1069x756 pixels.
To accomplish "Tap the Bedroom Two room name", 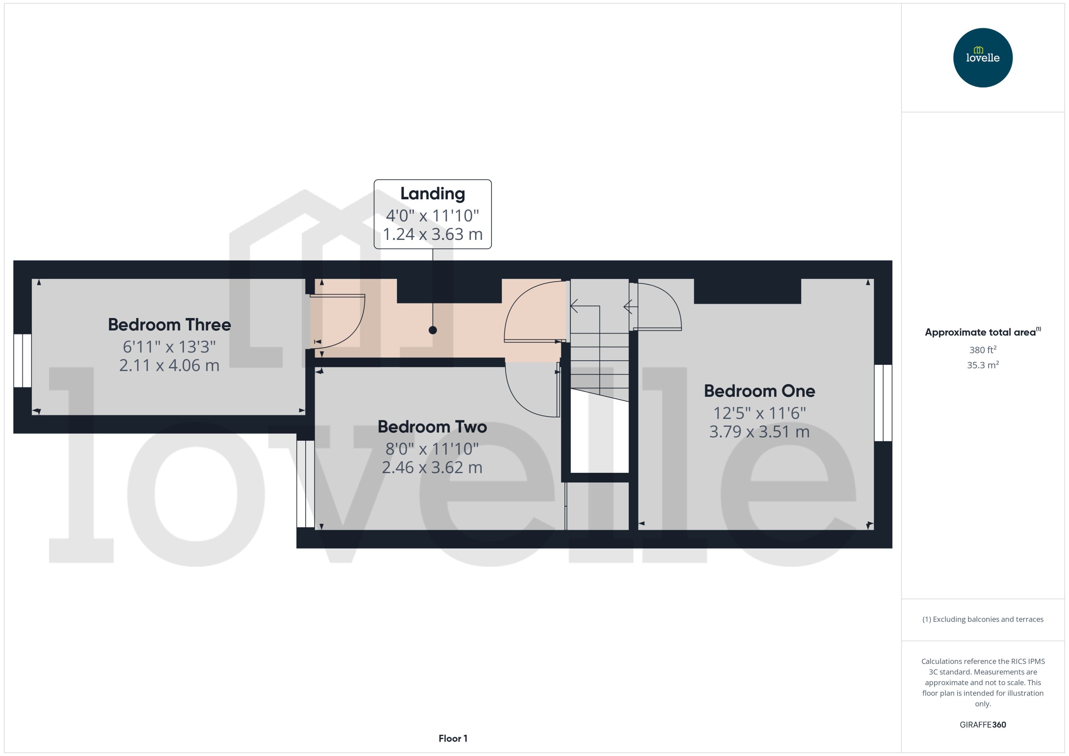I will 432,427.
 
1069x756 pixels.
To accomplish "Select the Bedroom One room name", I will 759,391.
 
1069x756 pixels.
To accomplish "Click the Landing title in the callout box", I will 432,194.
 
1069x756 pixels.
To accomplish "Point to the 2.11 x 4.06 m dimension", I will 169,365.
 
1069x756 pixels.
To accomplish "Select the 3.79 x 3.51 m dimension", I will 759,432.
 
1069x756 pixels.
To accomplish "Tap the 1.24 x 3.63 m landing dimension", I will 432,234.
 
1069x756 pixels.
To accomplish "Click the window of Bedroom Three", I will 22,360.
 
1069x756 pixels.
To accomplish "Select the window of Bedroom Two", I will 305,484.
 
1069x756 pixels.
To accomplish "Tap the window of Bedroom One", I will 883,403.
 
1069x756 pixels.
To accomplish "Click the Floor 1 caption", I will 452,738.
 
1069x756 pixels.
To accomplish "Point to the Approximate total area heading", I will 980,332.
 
